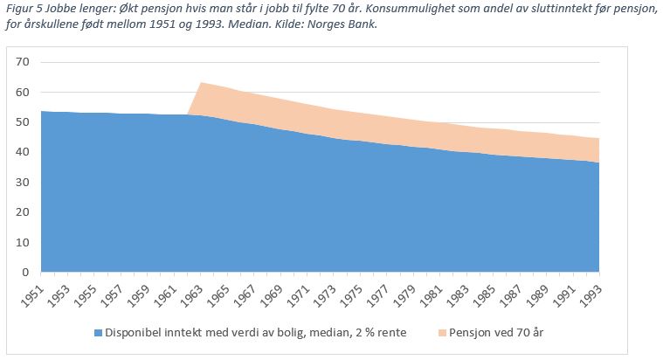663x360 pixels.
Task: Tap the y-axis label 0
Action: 26,272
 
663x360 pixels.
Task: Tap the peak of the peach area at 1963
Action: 201,83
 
